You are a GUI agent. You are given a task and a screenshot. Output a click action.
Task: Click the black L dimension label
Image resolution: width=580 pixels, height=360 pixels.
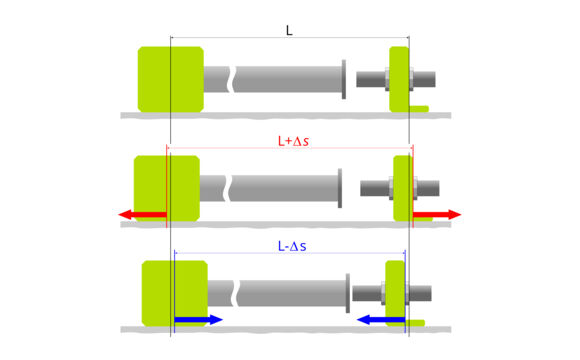click(289, 31)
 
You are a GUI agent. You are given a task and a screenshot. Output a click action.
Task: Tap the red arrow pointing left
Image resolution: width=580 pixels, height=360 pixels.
click(141, 214)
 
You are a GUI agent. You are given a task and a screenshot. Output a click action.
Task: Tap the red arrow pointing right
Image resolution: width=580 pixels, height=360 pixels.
click(437, 214)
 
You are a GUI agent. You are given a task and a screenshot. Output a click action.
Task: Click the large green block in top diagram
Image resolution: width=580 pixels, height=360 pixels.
click(170, 78)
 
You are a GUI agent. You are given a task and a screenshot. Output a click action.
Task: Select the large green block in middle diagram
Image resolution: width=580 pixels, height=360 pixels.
click(166, 186)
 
